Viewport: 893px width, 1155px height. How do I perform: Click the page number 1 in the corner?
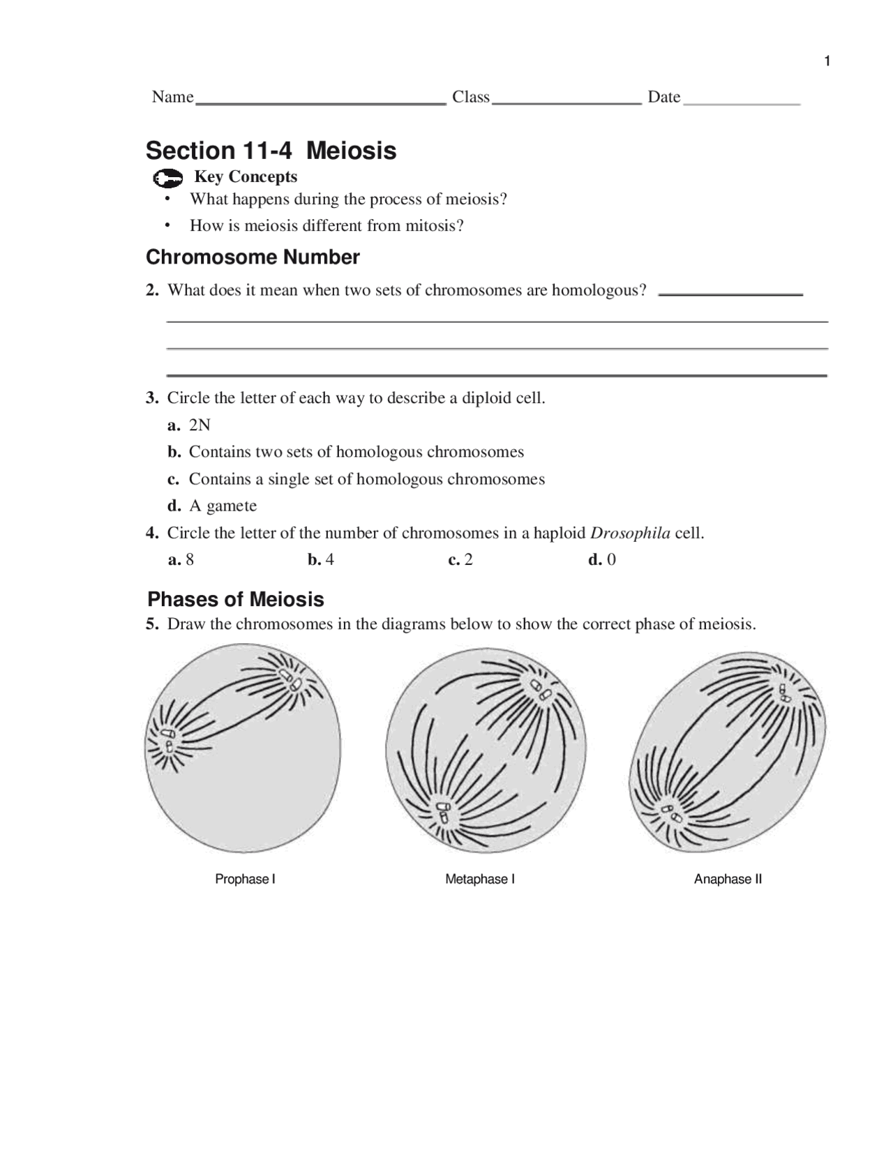pos(827,61)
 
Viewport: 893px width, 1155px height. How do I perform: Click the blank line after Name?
pos(321,102)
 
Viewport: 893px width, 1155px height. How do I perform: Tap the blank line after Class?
pos(566,102)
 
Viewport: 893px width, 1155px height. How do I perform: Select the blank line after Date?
pos(742,103)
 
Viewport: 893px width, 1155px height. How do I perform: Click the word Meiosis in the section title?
pos(352,151)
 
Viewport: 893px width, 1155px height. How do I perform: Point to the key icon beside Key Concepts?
pos(167,179)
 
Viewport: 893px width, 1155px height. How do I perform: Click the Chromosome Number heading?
pos(253,257)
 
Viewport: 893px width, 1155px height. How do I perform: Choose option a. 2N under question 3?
pos(190,425)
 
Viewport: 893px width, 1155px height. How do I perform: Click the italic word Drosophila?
pos(630,534)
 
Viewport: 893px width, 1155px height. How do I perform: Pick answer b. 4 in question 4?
pos(321,560)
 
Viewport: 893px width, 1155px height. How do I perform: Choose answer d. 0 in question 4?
pos(602,560)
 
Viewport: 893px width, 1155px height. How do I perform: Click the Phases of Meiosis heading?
pos(236,599)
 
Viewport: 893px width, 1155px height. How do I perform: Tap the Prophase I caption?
pos(245,880)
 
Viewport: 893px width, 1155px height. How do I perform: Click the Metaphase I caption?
pos(480,880)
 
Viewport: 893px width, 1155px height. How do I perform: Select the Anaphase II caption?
pos(728,880)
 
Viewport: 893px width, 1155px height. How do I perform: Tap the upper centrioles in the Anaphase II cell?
pos(785,692)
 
